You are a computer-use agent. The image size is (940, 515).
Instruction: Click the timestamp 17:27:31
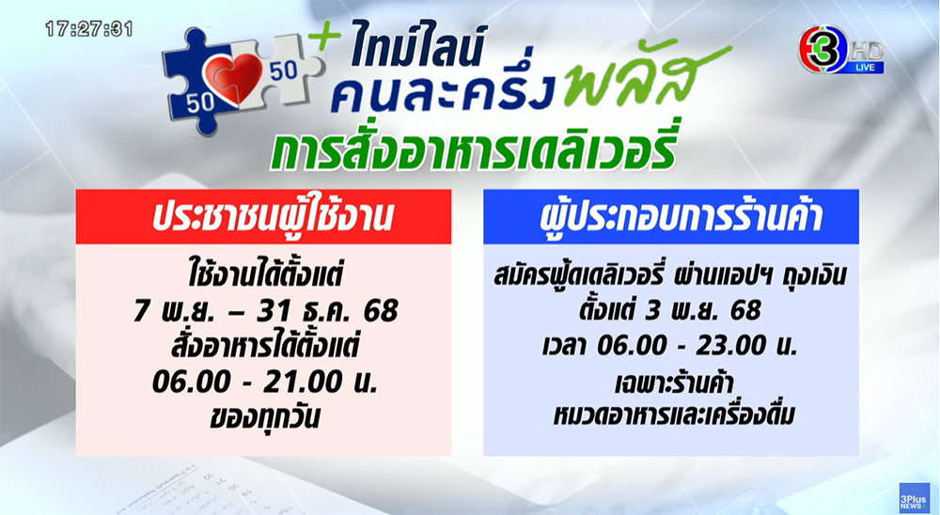(x=88, y=29)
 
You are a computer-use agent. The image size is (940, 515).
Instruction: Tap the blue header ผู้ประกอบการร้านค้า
(x=681, y=218)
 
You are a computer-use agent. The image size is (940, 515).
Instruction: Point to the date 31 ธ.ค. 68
(x=327, y=311)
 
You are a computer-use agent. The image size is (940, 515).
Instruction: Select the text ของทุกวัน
(x=264, y=416)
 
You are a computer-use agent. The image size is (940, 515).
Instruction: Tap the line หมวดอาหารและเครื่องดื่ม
(x=674, y=414)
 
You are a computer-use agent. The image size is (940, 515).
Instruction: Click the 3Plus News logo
(x=915, y=497)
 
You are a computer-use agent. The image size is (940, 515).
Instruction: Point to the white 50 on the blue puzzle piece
(x=199, y=101)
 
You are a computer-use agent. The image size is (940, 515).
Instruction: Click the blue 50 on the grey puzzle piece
(x=284, y=70)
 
